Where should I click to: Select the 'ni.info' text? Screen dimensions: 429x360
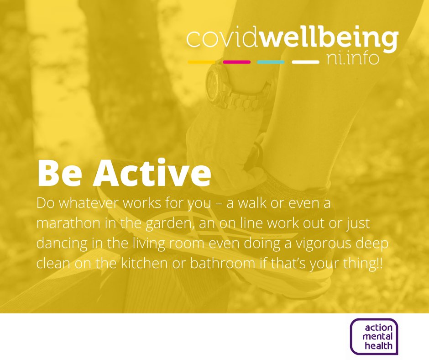pyautogui.click(x=353, y=58)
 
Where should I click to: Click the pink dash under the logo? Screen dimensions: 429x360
pyautogui.click(x=237, y=62)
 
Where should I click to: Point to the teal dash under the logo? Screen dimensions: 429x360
pyautogui.click(x=271, y=62)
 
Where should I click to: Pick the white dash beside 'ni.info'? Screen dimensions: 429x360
pyautogui.click(x=305, y=62)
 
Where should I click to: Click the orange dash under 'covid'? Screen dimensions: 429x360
pyautogui.click(x=202, y=62)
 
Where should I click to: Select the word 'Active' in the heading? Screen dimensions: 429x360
pyautogui.click(x=152, y=173)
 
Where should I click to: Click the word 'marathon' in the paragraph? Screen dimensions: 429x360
pyautogui.click(x=68, y=223)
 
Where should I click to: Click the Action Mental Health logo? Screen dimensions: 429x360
pyautogui.click(x=374, y=336)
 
